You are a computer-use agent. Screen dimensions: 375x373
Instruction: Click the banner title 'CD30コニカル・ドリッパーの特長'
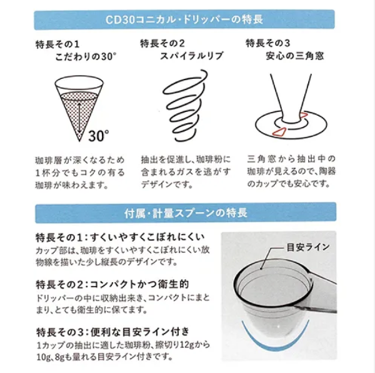(184, 19)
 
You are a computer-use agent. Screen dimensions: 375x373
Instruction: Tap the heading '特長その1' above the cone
(57, 44)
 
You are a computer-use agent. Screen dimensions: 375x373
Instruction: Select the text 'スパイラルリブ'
(192, 56)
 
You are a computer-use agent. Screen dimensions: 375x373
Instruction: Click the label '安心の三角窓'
(294, 56)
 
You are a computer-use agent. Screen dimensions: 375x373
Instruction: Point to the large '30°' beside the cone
(99, 136)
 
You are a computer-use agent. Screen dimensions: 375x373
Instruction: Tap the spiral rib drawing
(186, 105)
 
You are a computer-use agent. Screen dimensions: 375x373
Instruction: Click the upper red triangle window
(303, 116)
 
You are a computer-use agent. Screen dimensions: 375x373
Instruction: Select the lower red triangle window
(280, 131)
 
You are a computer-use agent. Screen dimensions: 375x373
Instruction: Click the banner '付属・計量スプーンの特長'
(186, 213)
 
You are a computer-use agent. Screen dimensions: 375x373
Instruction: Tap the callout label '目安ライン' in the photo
(308, 247)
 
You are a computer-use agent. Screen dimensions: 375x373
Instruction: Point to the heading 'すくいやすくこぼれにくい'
(147, 237)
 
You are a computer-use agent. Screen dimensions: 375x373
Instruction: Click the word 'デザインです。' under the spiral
(167, 185)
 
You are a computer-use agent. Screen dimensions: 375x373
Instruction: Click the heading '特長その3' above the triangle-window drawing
(268, 43)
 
